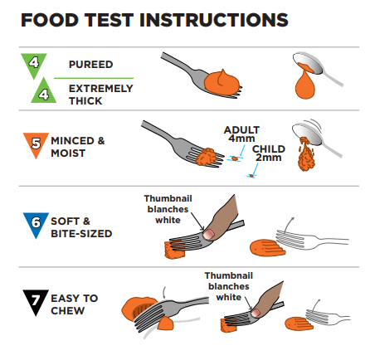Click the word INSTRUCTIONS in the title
213,20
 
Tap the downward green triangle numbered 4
34,65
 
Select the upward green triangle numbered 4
43,92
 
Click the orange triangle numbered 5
36,145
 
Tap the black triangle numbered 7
36,302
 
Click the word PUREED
90,65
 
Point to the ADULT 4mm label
241,134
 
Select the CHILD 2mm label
269,153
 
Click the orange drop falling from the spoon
304,85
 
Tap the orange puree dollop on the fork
222,82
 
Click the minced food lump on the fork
207,157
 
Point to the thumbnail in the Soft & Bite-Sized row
208,234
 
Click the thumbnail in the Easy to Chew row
256,313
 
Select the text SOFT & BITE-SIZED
81,227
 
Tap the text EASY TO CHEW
75,304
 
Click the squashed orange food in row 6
267,248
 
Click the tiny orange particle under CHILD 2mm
251,176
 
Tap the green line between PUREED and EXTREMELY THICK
94,78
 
